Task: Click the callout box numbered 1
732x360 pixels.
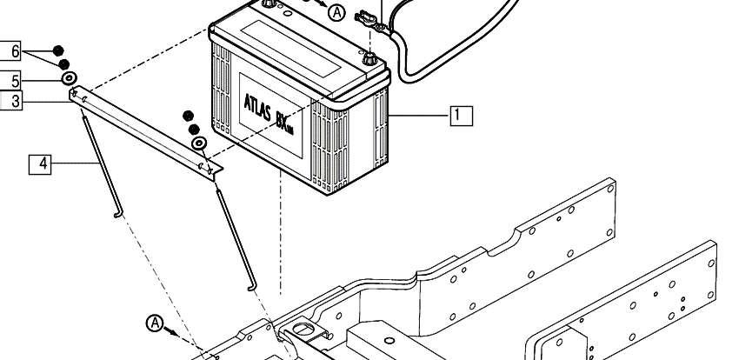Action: pyautogui.click(x=462, y=116)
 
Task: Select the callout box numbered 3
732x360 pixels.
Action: pyautogui.click(x=11, y=100)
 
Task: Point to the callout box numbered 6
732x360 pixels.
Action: pyautogui.click(x=11, y=51)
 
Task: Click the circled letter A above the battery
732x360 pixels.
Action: pyautogui.click(x=336, y=12)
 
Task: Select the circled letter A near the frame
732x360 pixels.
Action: pyautogui.click(x=155, y=323)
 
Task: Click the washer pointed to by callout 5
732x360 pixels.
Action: pyautogui.click(x=69, y=78)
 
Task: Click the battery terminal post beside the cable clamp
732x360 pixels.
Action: pyautogui.click(x=369, y=60)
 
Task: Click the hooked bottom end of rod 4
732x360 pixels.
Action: pyautogui.click(x=118, y=214)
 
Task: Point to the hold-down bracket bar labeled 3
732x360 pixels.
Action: pyautogui.click(x=146, y=132)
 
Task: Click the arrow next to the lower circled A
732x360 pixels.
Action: pyautogui.click(x=171, y=331)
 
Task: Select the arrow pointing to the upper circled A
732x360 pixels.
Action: pyautogui.click(x=320, y=3)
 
